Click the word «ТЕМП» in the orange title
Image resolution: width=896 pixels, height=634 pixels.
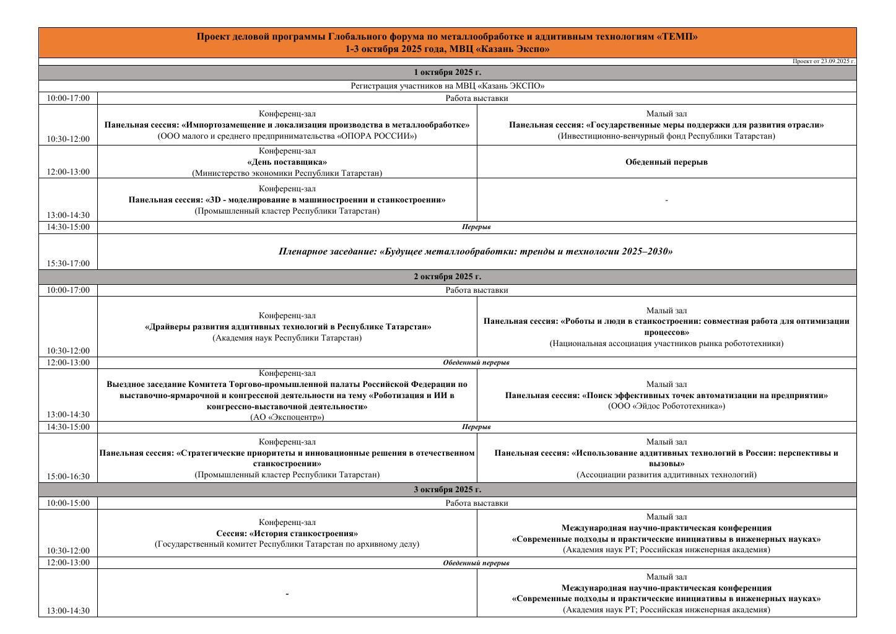click(x=679, y=37)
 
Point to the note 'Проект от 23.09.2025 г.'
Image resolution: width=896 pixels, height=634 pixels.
click(x=824, y=61)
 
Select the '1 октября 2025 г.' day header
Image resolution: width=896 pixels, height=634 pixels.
click(x=447, y=72)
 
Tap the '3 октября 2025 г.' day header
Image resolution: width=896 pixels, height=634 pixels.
click(x=447, y=490)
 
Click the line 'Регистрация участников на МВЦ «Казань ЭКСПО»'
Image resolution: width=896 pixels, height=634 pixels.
click(x=447, y=86)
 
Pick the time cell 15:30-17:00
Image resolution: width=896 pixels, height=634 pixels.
click(x=68, y=263)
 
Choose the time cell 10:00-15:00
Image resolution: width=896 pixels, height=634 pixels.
click(x=68, y=503)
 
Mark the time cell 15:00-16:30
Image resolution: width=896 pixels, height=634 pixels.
click(x=68, y=476)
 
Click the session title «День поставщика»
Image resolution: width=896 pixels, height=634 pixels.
click(x=287, y=162)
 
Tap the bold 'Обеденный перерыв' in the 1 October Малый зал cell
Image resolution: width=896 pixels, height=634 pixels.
click(x=666, y=162)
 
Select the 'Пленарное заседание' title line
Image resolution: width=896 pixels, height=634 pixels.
click(x=476, y=251)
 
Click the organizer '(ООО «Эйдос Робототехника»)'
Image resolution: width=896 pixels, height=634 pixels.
click(x=666, y=406)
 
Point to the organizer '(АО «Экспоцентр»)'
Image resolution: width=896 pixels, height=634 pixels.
click(x=287, y=417)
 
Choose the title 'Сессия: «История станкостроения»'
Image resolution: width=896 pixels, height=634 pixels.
click(x=287, y=533)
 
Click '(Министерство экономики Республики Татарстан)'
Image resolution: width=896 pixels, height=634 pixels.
click(x=287, y=173)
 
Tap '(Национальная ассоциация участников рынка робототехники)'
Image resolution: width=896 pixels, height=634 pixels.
click(x=666, y=344)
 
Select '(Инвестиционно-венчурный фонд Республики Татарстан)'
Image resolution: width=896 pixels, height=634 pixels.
click(x=666, y=136)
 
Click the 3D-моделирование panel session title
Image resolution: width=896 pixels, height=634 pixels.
click(x=287, y=200)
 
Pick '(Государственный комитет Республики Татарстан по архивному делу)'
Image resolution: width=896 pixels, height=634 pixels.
click(x=287, y=544)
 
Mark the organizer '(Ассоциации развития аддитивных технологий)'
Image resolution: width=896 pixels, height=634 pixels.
click(x=666, y=475)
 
